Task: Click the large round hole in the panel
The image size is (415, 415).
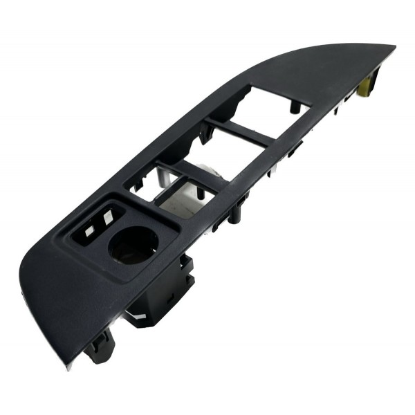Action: (x=133, y=245)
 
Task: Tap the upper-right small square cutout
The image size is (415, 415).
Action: (x=108, y=216)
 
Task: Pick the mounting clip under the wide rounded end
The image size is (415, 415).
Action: (x=100, y=346)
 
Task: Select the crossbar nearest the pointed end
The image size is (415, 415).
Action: (x=239, y=131)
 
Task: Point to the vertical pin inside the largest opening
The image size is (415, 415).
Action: (x=294, y=106)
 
